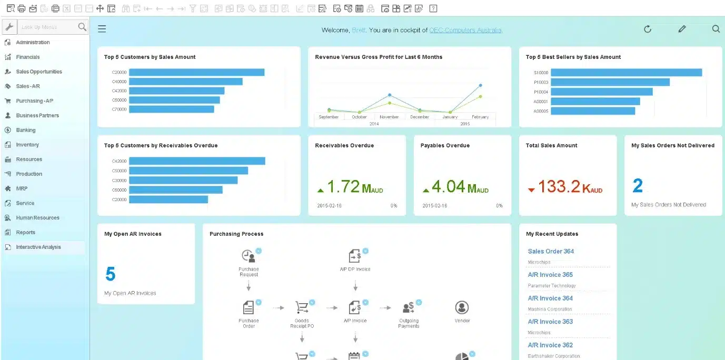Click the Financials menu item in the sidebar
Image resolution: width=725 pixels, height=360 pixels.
coord(27,57)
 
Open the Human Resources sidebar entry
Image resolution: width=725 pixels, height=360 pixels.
coord(37,218)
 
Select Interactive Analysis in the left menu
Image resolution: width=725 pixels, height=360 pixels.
coord(38,247)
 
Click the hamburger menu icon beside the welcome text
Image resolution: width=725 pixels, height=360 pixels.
coord(102,29)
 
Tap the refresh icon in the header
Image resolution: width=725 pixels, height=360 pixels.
coord(648,29)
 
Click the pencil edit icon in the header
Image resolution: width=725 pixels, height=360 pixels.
coord(682,29)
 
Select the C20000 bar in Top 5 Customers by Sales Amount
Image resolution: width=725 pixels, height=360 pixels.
coord(196,73)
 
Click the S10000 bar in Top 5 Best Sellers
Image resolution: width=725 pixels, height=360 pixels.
coord(626,73)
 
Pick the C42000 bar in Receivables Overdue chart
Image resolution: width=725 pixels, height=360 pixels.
coord(196,161)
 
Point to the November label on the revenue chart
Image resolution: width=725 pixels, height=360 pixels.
coord(389,117)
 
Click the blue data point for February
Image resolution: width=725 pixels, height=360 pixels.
coord(480,85)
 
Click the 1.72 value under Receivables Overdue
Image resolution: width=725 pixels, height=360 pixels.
coord(343,187)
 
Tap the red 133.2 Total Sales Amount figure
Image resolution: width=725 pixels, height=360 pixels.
coord(560,187)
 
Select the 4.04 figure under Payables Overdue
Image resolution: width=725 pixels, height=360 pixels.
coord(448,187)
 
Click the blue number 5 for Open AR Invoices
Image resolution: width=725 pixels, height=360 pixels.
coord(110,274)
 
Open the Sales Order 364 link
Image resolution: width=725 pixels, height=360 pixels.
coord(551,252)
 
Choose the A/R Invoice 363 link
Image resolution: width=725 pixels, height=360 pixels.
coord(550,322)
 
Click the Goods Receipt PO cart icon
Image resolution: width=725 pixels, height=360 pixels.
coord(302,307)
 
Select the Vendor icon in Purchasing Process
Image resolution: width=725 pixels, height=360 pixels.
coord(462,307)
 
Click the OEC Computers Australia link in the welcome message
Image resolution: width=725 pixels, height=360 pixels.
coord(465,30)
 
